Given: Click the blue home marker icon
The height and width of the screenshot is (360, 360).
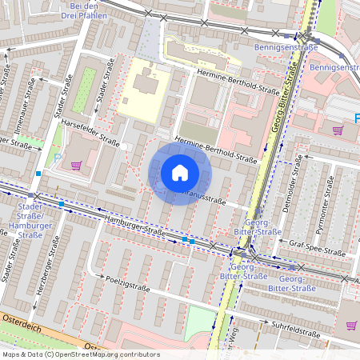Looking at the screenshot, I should [x=180, y=173].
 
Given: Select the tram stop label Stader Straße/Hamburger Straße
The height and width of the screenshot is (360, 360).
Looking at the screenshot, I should [x=30, y=220].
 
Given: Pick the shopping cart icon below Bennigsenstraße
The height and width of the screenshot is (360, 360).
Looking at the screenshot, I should [x=337, y=129].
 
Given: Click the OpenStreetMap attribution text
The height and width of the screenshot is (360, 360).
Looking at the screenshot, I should [x=80, y=354].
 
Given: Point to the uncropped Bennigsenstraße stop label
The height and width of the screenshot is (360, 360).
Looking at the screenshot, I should [x=286, y=47].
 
